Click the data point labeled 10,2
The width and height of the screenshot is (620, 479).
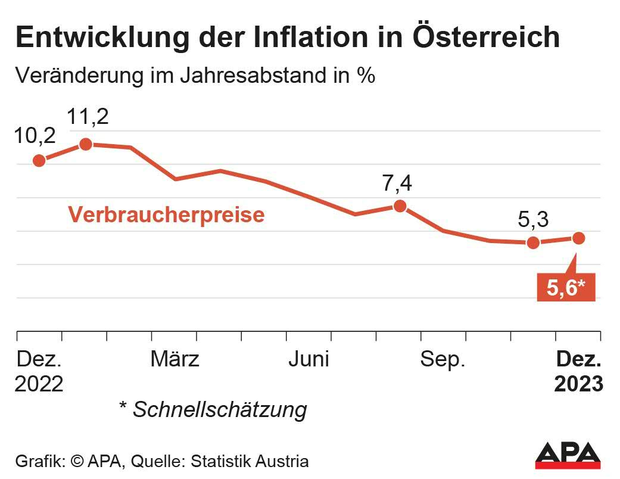click(x=39, y=160)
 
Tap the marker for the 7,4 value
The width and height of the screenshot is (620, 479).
click(x=400, y=206)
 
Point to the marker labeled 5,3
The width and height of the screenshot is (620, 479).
click(x=533, y=242)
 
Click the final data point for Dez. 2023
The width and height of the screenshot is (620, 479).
click(x=578, y=238)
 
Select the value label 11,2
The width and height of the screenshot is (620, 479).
click(x=88, y=117)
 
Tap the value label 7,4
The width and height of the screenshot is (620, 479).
click(x=397, y=184)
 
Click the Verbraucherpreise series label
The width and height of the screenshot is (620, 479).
click(x=166, y=214)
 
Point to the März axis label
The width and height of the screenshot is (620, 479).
click(x=175, y=359)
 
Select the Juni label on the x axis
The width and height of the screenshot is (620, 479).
click(x=309, y=359)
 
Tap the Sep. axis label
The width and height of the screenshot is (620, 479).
click(x=443, y=359)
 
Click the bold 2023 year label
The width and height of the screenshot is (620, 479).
click(x=578, y=384)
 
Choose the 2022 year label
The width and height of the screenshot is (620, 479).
click(x=39, y=384)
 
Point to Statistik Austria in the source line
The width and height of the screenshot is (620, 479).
click(x=258, y=461)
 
